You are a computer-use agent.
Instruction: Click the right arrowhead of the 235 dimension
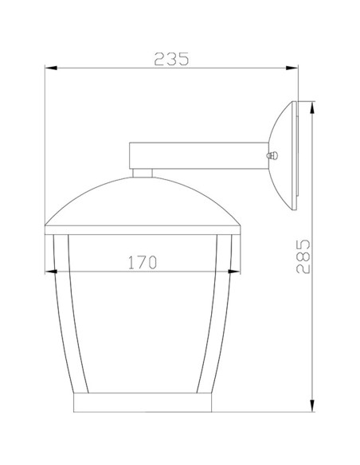click(294, 70)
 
